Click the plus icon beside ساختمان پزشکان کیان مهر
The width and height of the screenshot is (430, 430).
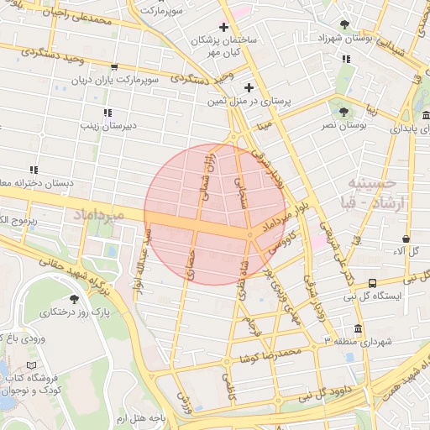pos(223,28)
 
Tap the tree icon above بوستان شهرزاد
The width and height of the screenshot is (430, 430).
pos(345,24)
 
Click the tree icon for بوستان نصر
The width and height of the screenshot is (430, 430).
pos(342,111)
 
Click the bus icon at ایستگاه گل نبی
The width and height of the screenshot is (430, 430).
pos(372,283)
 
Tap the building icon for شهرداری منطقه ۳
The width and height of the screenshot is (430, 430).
pos(359,328)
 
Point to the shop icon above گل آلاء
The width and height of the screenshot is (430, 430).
pos(406,239)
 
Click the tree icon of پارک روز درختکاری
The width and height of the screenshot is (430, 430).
pos(75,298)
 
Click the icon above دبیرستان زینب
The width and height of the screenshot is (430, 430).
pos(107,112)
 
